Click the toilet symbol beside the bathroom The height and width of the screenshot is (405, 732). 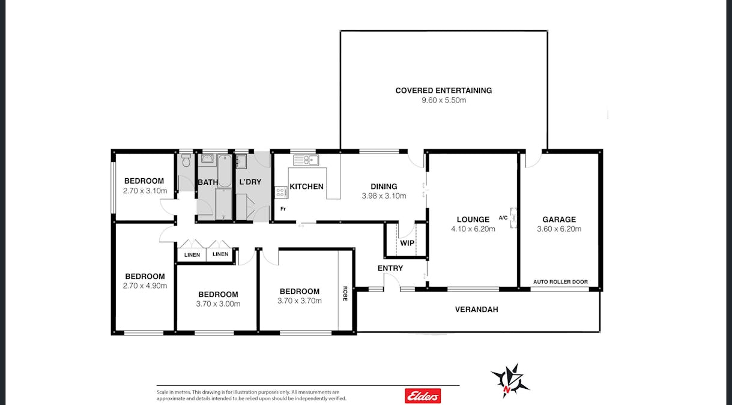(x=186, y=161)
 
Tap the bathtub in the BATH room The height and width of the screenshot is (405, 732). (x=224, y=171)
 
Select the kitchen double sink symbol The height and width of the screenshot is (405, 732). (x=306, y=160)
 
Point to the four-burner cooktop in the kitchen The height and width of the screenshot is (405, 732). (x=280, y=193)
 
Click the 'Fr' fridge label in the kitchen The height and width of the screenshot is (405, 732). (x=282, y=209)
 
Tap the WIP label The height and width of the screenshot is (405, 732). (x=407, y=244)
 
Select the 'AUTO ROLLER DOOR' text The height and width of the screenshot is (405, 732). (x=560, y=282)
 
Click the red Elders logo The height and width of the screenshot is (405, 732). (x=423, y=395)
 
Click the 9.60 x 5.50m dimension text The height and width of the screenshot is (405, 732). (x=443, y=100)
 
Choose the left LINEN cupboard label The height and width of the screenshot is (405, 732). (x=192, y=255)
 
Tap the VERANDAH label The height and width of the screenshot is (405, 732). (x=476, y=310)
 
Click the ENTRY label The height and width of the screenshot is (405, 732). (x=390, y=268)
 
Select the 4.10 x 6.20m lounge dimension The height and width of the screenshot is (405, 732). (x=473, y=229)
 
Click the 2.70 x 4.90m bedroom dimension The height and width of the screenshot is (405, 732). (x=144, y=286)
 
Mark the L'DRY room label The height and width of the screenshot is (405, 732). (x=250, y=182)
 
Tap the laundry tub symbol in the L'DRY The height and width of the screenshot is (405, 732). (x=241, y=161)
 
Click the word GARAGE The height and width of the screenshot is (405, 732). (x=558, y=220)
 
